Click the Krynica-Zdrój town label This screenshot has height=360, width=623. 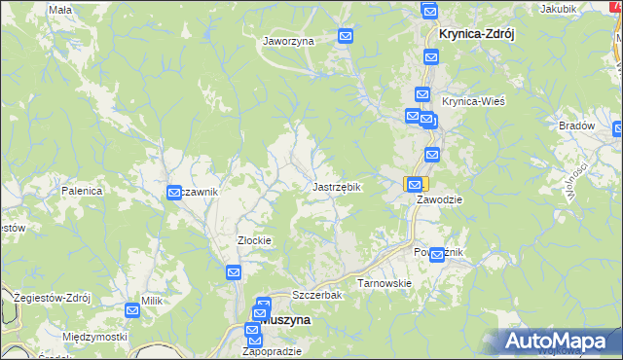(x=476, y=32)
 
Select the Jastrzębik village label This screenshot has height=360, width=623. (x=337, y=186)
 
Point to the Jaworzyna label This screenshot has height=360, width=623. (x=287, y=42)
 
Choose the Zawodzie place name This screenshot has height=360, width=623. (x=439, y=198)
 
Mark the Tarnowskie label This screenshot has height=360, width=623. (x=385, y=283)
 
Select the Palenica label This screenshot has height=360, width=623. (x=82, y=191)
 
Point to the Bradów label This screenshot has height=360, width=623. (x=576, y=126)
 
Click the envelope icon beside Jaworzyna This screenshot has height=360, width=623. (x=346, y=36)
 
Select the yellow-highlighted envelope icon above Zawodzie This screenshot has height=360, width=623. (x=415, y=184)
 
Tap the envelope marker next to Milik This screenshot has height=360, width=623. (x=132, y=309)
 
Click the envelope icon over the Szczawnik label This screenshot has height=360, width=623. (x=174, y=193)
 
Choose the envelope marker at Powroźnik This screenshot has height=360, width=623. (x=437, y=255)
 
